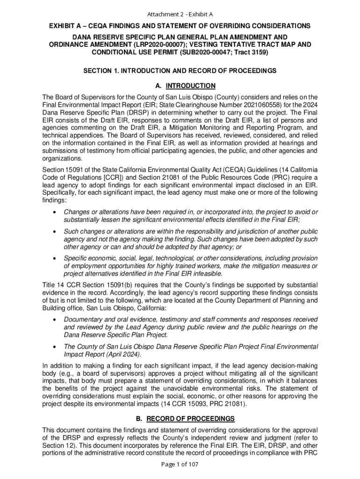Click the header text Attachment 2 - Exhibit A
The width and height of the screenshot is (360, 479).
[x=180, y=14]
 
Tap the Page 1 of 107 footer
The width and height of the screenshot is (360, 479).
[x=180, y=464]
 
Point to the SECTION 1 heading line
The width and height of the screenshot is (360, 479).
[x=180, y=71]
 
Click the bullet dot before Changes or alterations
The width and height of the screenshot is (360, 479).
[x=55, y=212]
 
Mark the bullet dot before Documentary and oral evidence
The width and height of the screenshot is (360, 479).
[x=55, y=320]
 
